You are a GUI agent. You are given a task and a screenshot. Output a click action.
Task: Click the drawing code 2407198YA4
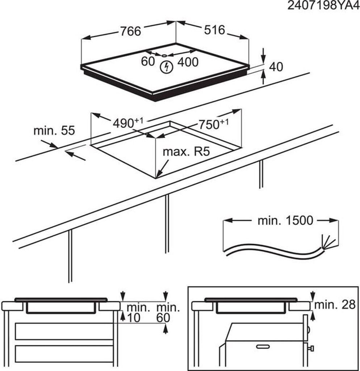pyautogui.click(x=323, y=5)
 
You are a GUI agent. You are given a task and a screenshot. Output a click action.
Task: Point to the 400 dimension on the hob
pyautogui.click(x=188, y=62)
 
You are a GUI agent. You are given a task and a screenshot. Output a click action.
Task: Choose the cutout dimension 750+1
pyautogui.click(x=213, y=124)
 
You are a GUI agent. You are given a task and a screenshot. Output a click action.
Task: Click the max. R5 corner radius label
pyautogui.click(x=186, y=151)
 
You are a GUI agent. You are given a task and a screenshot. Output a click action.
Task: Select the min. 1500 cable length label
pyautogui.click(x=285, y=220)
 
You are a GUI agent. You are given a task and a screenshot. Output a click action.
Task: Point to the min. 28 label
pyautogui.click(x=335, y=305)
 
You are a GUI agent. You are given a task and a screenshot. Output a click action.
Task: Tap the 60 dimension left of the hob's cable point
pyautogui.click(x=148, y=62)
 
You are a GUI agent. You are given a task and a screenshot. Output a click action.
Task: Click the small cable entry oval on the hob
pyautogui.click(x=164, y=55)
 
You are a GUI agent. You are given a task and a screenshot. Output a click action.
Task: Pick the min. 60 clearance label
pyautogui.click(x=168, y=313)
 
